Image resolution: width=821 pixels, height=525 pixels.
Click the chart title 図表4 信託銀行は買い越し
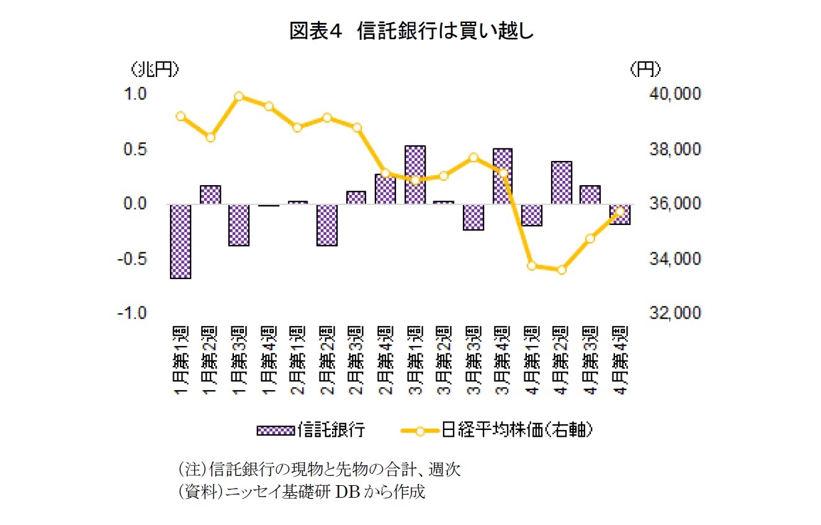coord(411,31)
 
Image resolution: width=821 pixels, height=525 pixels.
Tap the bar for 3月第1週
coord(415,175)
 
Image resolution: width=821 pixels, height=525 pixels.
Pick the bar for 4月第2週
coord(562,183)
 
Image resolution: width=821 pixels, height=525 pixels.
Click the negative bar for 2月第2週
coord(327,225)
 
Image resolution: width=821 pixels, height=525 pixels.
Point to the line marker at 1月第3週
coord(240,96)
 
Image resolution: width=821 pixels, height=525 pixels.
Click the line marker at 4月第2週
coord(562,270)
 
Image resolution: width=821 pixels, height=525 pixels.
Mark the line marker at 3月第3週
coord(473,157)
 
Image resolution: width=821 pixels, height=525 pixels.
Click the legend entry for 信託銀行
coord(310,430)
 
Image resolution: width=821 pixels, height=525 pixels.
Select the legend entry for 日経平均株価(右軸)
coord(496,430)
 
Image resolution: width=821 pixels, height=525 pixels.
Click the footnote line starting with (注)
coord(319,468)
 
